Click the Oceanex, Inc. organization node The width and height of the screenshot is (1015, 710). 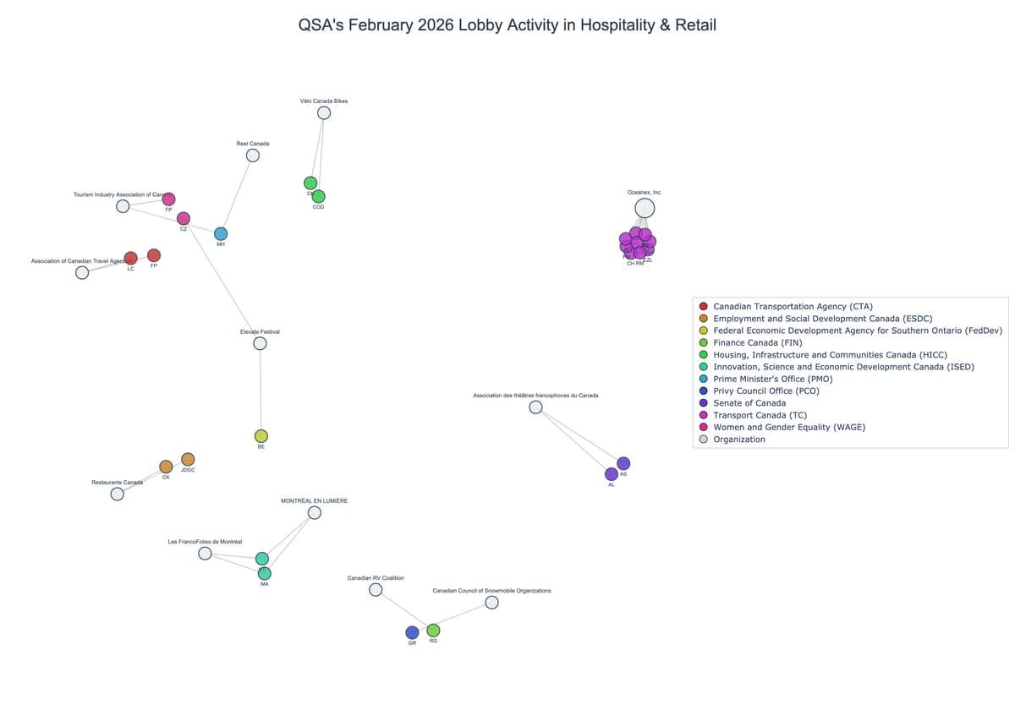(645, 208)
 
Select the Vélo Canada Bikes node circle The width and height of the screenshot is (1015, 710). (324, 113)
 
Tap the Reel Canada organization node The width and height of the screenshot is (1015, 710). (253, 156)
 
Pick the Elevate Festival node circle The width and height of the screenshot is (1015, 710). (260, 343)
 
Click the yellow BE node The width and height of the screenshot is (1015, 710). (261, 436)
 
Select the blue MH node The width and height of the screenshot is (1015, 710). (221, 233)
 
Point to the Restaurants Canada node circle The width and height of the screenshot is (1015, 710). (118, 494)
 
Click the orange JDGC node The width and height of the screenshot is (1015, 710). (188, 459)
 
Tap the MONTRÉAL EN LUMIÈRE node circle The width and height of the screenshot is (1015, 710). (315, 512)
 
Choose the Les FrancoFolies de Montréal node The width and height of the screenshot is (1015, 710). (205, 553)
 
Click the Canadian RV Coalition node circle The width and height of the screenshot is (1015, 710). (376, 589)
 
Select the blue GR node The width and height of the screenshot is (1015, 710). (412, 632)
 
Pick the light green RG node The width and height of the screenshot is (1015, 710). (433, 630)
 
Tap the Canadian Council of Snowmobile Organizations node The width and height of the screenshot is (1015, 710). (491, 603)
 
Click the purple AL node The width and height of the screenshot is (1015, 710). (612, 474)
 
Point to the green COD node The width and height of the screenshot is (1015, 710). (318, 196)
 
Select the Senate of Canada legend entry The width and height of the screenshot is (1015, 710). (749, 403)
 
